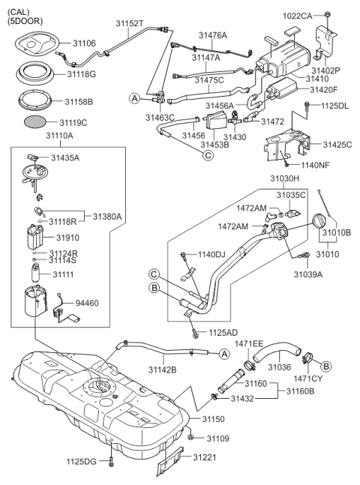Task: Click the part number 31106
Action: [84, 43]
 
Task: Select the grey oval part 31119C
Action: [35, 122]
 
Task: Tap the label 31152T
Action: [130, 23]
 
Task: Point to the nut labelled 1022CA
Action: [328, 14]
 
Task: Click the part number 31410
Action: [317, 79]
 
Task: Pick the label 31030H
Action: [284, 178]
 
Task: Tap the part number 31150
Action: [214, 419]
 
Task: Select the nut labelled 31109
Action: [190, 437]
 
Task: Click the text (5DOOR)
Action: [25, 21]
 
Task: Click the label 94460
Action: [87, 303]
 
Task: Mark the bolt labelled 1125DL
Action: [307, 106]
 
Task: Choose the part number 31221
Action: [205, 457]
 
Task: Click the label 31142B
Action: [162, 370]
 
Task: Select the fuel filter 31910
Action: [35, 238]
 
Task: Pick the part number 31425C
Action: [337, 145]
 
